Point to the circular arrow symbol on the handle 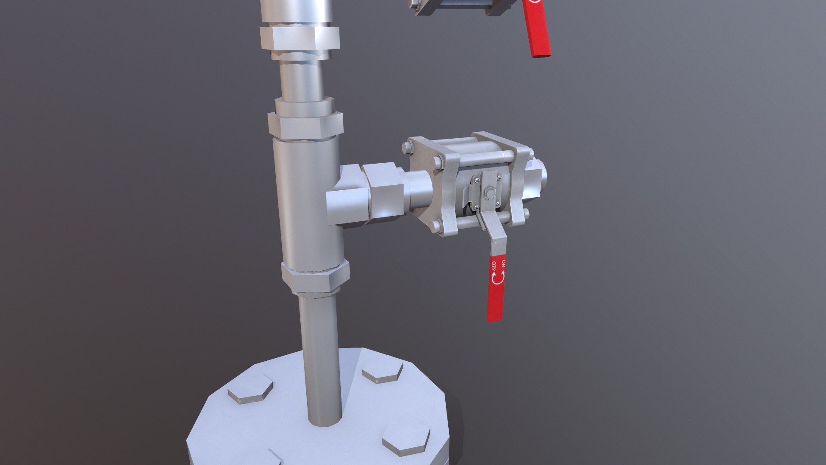(x=499, y=278)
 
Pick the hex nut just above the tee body (x=305, y=125)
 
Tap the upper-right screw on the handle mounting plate (x=499, y=177)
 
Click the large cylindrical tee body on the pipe (x=305, y=202)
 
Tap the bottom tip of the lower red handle (x=495, y=318)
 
